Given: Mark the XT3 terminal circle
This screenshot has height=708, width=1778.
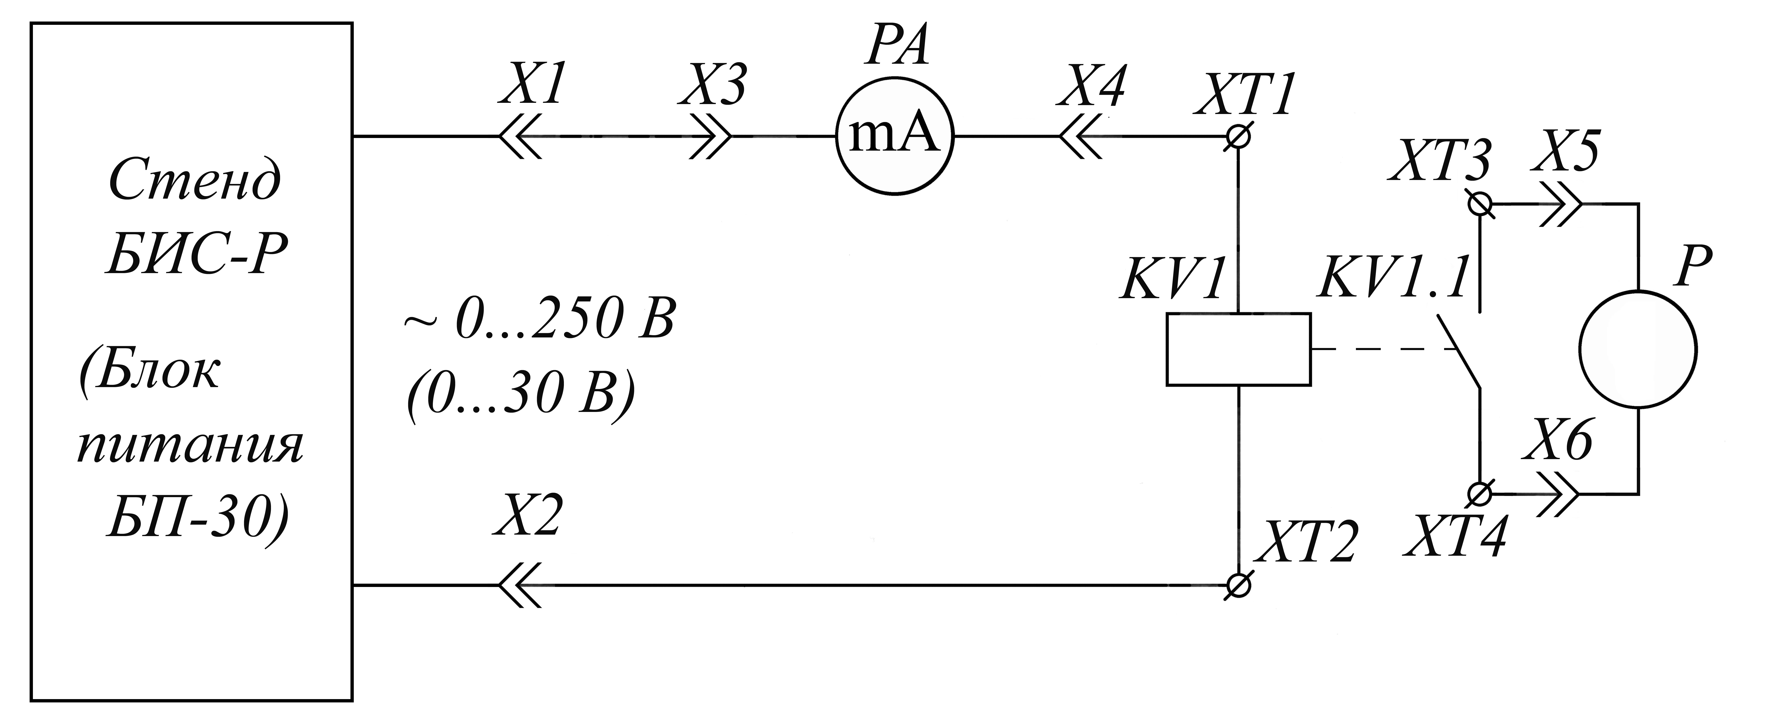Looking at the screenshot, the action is pyautogui.click(x=1480, y=204).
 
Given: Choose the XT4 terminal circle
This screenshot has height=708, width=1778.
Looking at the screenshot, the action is pyautogui.click(x=1480, y=493).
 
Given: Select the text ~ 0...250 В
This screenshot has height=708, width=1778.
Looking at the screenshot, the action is pyautogui.click(x=538, y=319).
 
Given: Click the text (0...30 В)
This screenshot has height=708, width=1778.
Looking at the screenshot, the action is pyautogui.click(x=519, y=399).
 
